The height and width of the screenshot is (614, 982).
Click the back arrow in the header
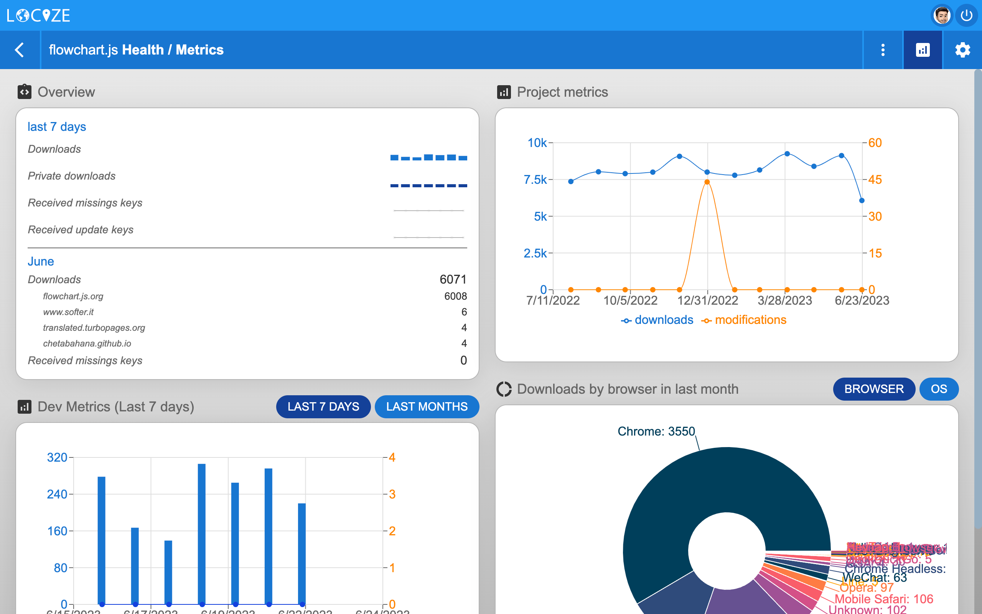tap(20, 50)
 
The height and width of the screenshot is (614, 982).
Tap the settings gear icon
tap(962, 50)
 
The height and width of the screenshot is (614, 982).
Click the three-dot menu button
tap(883, 50)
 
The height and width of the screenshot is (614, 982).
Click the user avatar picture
tap(941, 16)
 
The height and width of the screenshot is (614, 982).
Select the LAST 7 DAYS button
tap(323, 406)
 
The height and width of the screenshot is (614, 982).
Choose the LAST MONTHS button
tap(427, 406)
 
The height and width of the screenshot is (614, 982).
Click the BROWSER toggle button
tap(874, 389)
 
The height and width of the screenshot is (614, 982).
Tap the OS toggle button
tap(939, 389)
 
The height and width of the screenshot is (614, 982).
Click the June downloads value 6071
tap(453, 279)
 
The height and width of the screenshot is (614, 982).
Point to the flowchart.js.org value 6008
tap(455, 296)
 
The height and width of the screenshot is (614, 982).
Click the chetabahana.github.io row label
tap(87, 343)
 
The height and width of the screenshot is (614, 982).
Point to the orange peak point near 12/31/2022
tap(707, 182)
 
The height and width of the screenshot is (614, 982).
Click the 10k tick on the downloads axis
tap(537, 143)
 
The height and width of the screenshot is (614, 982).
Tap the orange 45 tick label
tap(875, 180)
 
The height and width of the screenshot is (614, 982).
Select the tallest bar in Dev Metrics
tap(202, 534)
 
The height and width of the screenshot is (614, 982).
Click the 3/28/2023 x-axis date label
tap(785, 300)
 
